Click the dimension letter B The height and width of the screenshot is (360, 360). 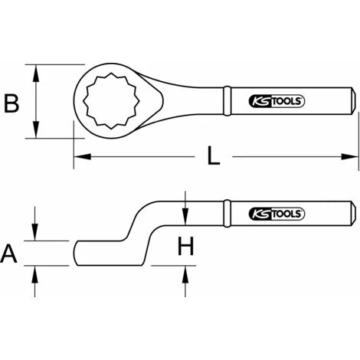(11, 103)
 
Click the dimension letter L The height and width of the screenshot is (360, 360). (214, 155)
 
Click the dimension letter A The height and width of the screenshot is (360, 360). (8, 254)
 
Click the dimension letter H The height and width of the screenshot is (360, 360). (185, 246)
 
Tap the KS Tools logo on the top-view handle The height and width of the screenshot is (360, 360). (277, 101)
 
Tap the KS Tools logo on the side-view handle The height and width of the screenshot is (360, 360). (277, 214)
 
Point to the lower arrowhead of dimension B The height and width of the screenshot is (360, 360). (36, 129)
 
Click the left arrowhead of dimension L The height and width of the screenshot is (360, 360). (82, 156)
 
